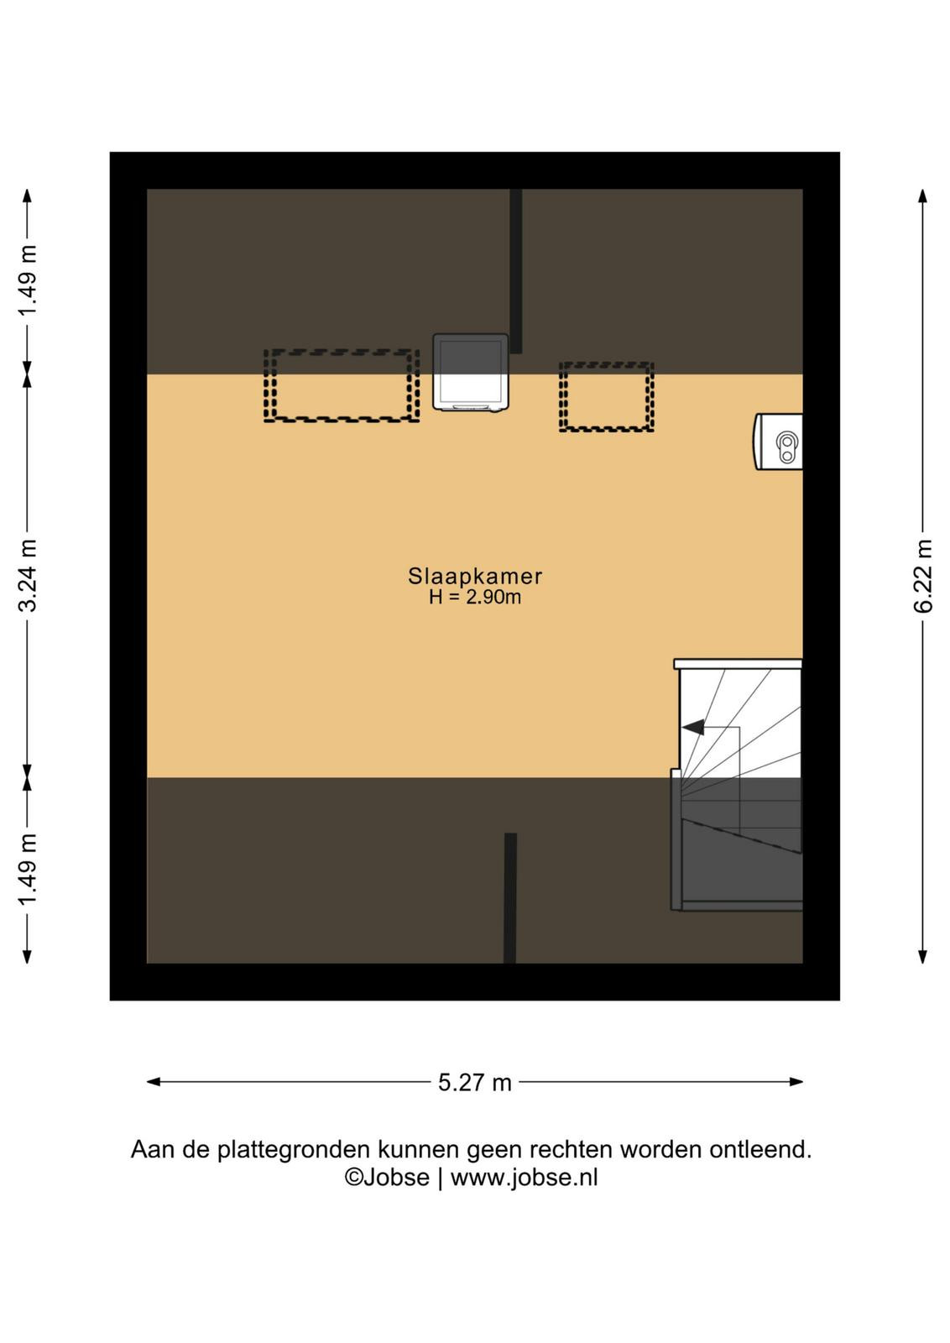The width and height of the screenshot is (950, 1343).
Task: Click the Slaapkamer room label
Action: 475,576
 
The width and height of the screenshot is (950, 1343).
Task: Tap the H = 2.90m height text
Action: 475,597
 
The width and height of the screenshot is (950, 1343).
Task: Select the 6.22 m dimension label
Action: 923,576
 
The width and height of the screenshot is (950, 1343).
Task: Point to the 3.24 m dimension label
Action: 28,575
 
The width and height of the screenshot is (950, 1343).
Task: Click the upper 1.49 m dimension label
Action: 28,280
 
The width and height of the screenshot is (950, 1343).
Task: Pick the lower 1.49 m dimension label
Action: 28,870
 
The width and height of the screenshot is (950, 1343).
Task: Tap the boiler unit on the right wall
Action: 778,442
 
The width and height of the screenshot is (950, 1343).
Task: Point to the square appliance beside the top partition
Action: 471,372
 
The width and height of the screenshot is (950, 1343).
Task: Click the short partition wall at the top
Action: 515,271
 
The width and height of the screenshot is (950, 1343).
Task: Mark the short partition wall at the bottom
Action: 510,898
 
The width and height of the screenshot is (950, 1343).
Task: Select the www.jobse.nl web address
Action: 524,1178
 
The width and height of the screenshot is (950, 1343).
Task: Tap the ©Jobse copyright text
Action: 387,1178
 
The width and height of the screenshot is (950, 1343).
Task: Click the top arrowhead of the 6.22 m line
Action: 923,196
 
